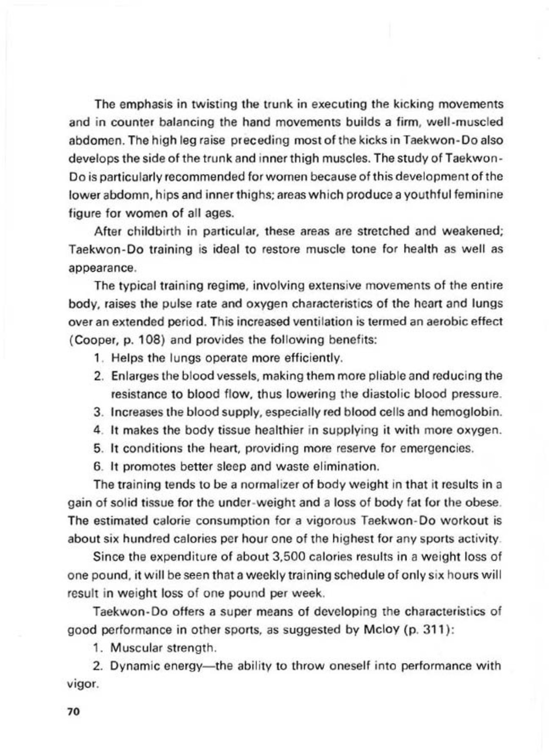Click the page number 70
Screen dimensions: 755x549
pos(73,711)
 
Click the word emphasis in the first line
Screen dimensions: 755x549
pos(142,105)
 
